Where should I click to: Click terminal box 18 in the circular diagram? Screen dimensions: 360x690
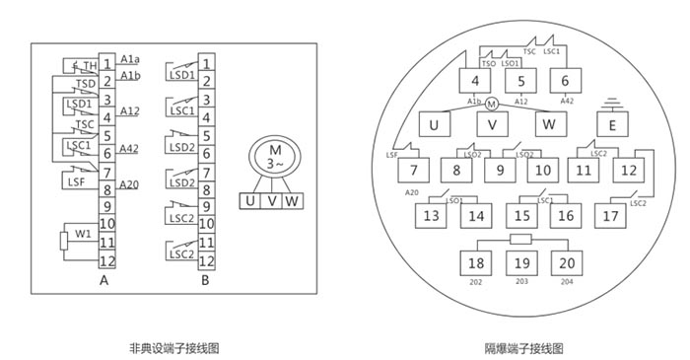477,263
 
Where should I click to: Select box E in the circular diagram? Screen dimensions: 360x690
612,125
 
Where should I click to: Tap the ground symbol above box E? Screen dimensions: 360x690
612,101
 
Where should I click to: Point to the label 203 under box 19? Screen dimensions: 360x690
520,281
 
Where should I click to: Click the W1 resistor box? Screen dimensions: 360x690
65,240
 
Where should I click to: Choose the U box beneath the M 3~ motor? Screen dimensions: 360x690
250,201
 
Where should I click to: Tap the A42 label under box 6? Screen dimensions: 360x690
567,101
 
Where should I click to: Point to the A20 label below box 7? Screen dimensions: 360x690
413,192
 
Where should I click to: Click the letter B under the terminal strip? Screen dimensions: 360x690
205,280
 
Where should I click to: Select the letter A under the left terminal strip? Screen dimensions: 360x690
103,280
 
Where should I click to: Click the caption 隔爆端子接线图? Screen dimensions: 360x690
523,348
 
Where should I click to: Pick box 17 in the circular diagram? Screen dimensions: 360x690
612,214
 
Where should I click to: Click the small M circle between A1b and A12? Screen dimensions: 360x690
491,103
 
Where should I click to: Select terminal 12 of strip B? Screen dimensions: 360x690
206,262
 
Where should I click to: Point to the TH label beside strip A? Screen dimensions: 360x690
89,66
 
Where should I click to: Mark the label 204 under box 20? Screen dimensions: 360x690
567,281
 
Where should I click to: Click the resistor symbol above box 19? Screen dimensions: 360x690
520,240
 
